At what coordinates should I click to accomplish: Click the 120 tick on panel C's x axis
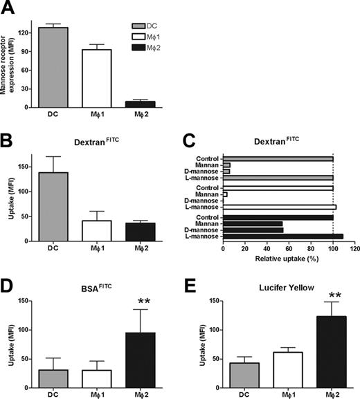354,248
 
